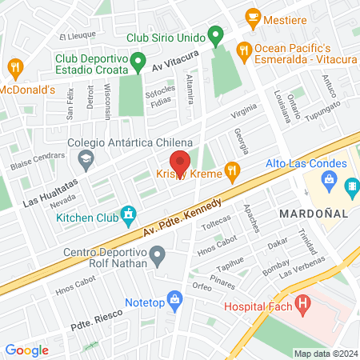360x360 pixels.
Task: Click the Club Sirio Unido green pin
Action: (x=214, y=36)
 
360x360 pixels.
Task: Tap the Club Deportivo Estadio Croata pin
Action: (x=138, y=60)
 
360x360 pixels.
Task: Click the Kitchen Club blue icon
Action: (x=126, y=214)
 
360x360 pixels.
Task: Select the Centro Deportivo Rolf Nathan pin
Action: (x=158, y=257)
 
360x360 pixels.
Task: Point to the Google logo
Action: (x=26, y=350)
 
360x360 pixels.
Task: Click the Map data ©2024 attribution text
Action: (x=325, y=354)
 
